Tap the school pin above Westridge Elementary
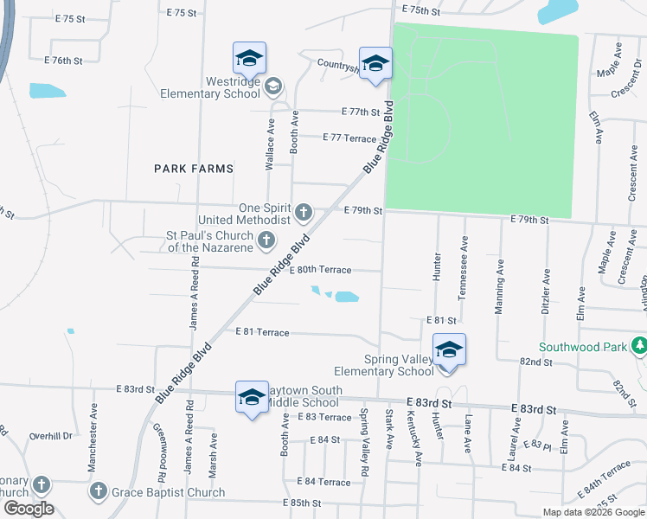(x=249, y=60)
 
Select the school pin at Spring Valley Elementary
(x=449, y=350)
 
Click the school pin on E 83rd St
(x=252, y=398)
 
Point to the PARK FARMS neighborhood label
(x=194, y=169)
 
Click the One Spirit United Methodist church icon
(x=304, y=211)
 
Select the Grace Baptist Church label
(x=169, y=492)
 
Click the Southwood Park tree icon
(x=638, y=346)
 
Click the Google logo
(x=29, y=509)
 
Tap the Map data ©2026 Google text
(x=593, y=512)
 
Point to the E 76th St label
(x=63, y=61)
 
